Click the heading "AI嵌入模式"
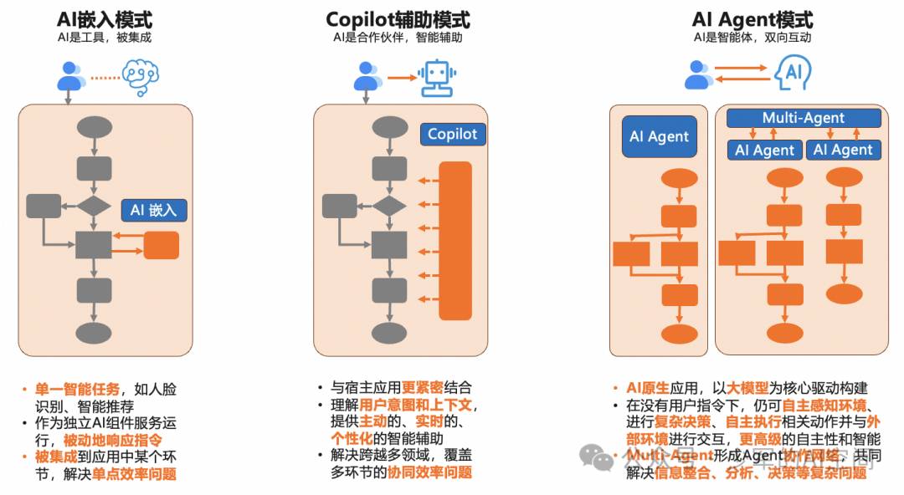coord(105,19)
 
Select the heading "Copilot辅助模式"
coord(398,19)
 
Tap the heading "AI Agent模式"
coord(752,19)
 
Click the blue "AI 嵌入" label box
coord(154,210)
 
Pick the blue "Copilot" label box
coord(452,134)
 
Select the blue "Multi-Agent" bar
coord(804,118)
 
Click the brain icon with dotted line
coord(140,77)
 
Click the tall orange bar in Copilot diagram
coord(455,241)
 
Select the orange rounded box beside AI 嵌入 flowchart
coord(162,245)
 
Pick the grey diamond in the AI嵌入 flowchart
coord(94,206)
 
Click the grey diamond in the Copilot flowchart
coord(389,206)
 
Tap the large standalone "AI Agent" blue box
coord(659,136)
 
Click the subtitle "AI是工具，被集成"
coord(105,38)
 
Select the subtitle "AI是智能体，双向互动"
coord(752,38)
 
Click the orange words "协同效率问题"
coord(430,472)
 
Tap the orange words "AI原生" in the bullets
coord(645,388)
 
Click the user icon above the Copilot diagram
coord(365,77)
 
